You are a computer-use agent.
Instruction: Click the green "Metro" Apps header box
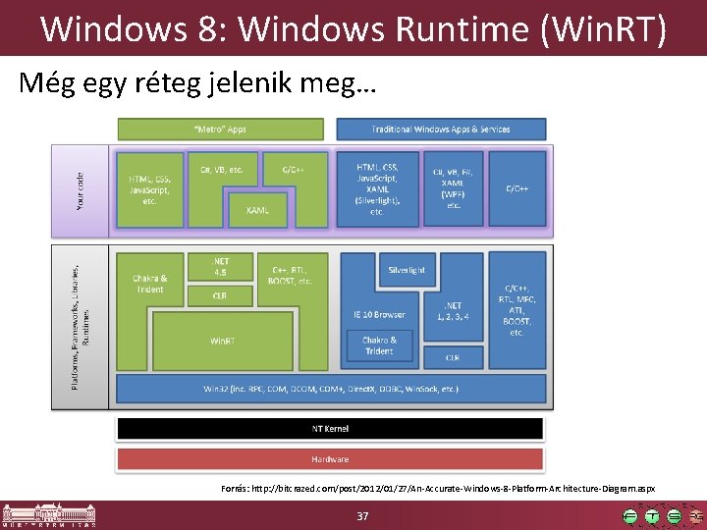point(220,129)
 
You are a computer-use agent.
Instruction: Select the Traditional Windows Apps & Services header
point(441,129)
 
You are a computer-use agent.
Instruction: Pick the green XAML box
point(257,210)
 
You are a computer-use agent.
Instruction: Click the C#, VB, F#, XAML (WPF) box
point(454,187)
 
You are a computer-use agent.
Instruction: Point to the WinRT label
point(222,341)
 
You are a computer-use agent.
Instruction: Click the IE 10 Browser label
point(379,315)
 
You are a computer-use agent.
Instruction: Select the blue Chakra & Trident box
point(379,345)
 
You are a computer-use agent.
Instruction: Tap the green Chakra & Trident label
point(149,283)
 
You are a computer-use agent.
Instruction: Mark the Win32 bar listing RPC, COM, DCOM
point(330,390)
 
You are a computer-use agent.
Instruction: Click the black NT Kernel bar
point(330,429)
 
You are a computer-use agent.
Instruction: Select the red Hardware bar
point(330,459)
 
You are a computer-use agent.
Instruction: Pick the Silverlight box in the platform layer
point(407,270)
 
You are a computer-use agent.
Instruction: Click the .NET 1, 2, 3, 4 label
point(453,311)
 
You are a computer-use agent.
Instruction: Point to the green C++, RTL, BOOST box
point(290,274)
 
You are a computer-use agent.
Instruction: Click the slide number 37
point(362,516)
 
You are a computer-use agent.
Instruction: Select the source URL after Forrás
point(452,488)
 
